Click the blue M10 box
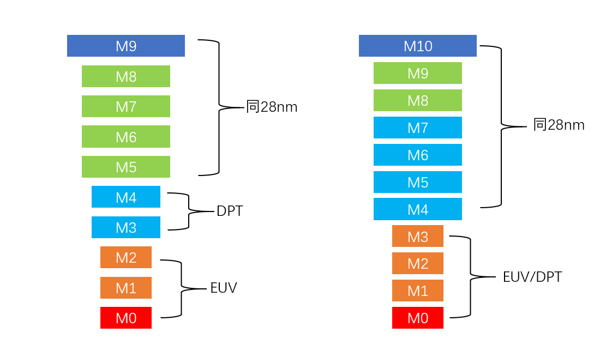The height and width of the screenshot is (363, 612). [x=417, y=46]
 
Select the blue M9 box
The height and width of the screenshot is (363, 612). [x=125, y=46]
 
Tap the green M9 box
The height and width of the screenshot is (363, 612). [x=417, y=73]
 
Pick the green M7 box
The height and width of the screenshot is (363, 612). [x=125, y=106]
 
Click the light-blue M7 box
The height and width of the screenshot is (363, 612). [x=417, y=128]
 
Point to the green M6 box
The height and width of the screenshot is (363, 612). [x=125, y=136]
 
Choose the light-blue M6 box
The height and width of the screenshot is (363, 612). [x=417, y=155]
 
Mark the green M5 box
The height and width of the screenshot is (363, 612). [x=125, y=167]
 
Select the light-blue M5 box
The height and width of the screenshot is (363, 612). [x=417, y=182]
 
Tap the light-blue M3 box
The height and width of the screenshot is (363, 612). [x=125, y=227]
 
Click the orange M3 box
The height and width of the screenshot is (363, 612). [x=417, y=236]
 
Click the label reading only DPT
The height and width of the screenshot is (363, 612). [x=229, y=211]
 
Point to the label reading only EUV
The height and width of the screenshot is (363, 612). [x=224, y=288]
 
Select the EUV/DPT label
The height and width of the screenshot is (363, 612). [x=532, y=277]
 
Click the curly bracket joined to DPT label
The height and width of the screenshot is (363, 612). [x=189, y=211]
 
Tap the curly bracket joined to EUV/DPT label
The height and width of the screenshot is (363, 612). [x=470, y=276]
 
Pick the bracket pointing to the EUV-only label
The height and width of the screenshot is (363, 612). [x=181, y=288]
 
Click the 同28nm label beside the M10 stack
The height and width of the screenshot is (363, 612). [x=559, y=125]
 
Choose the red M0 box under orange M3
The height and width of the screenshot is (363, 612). [x=417, y=318]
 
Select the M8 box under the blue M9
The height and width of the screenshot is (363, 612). [x=125, y=76]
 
